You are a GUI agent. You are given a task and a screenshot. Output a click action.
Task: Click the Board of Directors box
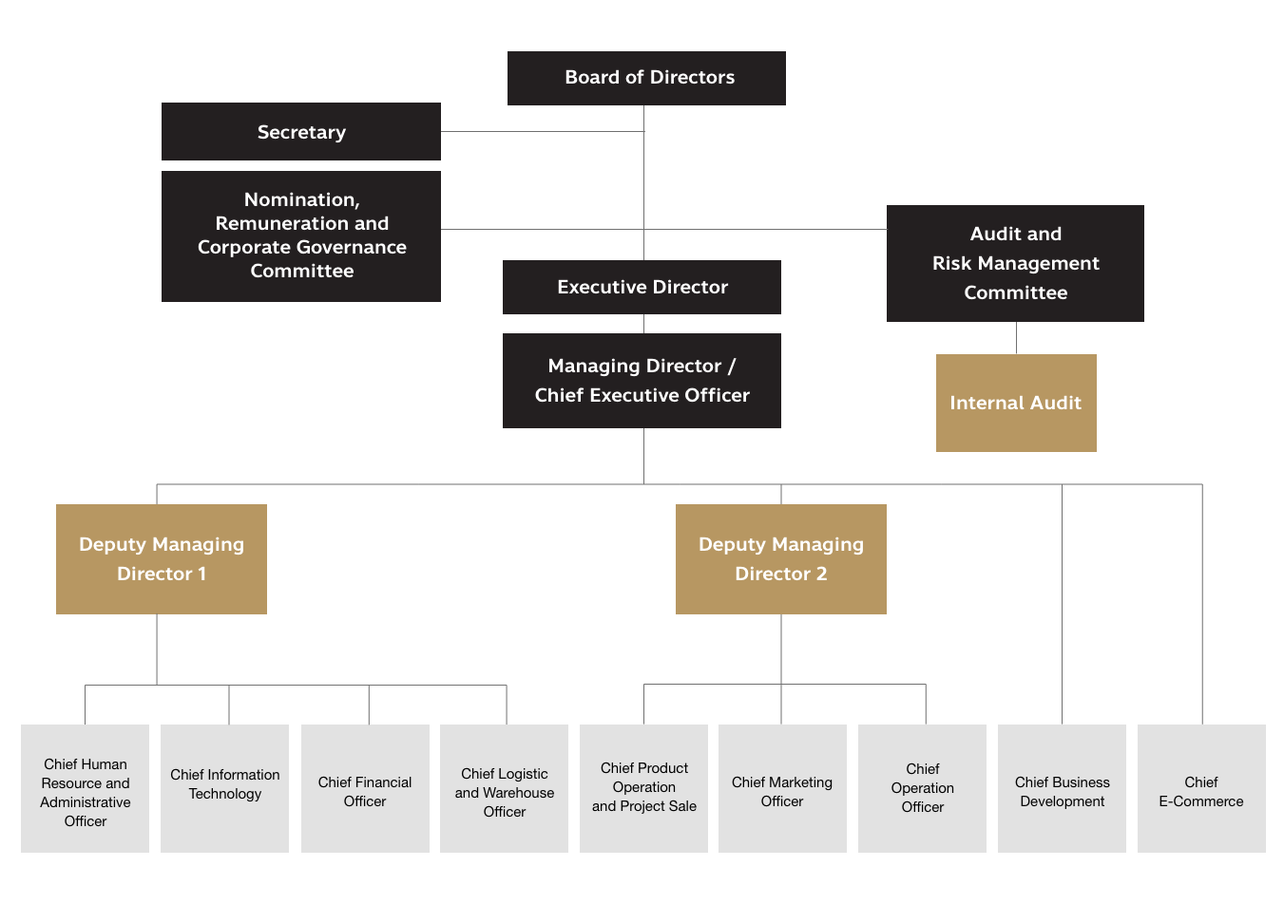pos(646,78)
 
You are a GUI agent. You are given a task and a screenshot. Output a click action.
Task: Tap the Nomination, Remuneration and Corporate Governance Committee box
pos(301,235)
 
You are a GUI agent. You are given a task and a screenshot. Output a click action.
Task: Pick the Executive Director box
pos(642,287)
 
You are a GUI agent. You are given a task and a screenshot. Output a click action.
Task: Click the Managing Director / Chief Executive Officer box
pos(642,380)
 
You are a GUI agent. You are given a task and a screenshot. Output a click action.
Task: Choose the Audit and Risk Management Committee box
pos(1015,263)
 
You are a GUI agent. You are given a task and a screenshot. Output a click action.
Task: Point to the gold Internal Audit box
pos(1016,403)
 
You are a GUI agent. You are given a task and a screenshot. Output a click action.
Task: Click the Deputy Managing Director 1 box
pos(162,558)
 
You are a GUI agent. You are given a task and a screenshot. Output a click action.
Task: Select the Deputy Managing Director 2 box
pos(781,558)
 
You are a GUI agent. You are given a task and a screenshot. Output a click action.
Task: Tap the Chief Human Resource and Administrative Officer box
pos(86,788)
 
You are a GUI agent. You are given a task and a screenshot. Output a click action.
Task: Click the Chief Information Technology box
pos(225,788)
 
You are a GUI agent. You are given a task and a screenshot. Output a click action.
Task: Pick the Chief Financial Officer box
pos(365,788)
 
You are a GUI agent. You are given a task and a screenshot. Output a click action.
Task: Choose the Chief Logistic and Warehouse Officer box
pos(505,788)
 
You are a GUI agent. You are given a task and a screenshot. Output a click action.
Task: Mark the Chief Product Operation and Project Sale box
pos(644,788)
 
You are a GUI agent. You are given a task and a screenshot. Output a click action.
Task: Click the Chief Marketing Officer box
pos(782,788)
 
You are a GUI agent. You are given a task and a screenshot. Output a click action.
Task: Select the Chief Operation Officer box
pos(923,788)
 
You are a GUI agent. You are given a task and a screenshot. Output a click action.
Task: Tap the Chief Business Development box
pos(1063,788)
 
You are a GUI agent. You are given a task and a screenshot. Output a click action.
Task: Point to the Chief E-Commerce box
pos(1201,788)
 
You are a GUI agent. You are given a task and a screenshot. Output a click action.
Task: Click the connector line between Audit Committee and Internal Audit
pos(1016,338)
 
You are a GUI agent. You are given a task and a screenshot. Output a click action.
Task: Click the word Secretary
pos(301,132)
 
